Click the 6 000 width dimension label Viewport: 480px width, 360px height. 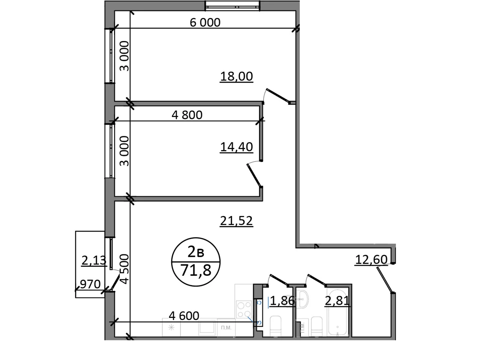tap(205, 22)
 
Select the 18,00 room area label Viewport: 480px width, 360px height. tap(236, 76)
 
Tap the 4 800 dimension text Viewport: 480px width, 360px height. tap(187, 115)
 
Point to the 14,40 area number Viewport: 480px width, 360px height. tap(236, 147)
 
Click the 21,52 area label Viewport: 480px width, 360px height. tap(236, 221)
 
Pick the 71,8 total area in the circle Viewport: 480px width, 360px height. tap(196, 271)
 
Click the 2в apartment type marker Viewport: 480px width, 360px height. tap(196, 253)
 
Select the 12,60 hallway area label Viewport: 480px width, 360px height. tap(371, 259)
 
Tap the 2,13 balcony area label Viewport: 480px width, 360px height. tap(94, 260)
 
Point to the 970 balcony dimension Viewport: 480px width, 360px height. tap(90, 284)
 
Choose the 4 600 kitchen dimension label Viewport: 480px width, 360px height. tap(184, 316)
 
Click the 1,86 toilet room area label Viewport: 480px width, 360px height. tap(282, 300)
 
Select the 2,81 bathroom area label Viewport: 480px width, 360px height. tap(337, 300)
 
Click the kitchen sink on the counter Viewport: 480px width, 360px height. tap(207, 328)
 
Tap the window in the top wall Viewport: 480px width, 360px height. tap(232, 6)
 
